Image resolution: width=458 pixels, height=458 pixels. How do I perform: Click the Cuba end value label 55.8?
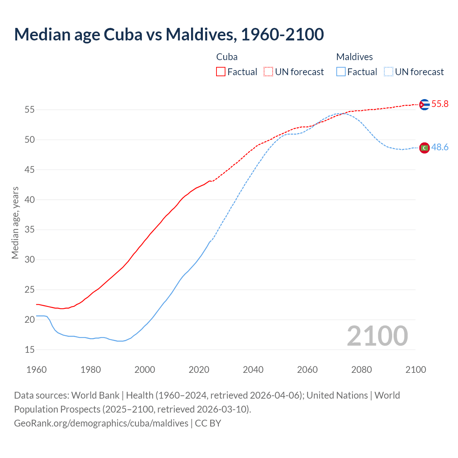coord(440,104)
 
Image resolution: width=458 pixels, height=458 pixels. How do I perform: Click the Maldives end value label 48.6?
coord(440,147)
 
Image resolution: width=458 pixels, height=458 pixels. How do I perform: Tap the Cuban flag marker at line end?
coord(424,104)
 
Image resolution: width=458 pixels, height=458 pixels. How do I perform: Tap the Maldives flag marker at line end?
coord(424,148)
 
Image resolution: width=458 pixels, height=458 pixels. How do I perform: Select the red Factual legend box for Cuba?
coord(221,72)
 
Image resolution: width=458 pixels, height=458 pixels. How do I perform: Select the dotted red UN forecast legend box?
coord(268,72)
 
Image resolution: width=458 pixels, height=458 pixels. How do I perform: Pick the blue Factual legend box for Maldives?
coord(341,72)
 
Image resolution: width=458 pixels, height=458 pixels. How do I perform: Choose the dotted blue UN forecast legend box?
coord(389,72)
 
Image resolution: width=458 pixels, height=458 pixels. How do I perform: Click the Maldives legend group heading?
coord(354,57)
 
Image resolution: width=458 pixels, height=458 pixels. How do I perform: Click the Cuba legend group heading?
coord(227,57)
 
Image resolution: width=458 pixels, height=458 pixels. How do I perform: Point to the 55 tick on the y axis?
coord(30,110)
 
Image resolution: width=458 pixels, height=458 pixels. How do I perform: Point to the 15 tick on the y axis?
coord(30,350)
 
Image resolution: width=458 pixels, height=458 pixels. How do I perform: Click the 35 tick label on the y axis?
coord(30,230)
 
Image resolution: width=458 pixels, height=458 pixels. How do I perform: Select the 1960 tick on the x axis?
coord(36,370)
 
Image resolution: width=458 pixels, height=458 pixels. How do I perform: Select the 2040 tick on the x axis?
coord(253,370)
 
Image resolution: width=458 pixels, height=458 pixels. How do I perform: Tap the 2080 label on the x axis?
coord(361,370)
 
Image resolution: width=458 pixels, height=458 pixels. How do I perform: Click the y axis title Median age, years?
coord(15,223)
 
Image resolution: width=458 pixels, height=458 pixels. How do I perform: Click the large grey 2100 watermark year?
coord(377,336)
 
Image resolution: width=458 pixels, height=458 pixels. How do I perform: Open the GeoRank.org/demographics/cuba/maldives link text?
coord(101,423)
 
